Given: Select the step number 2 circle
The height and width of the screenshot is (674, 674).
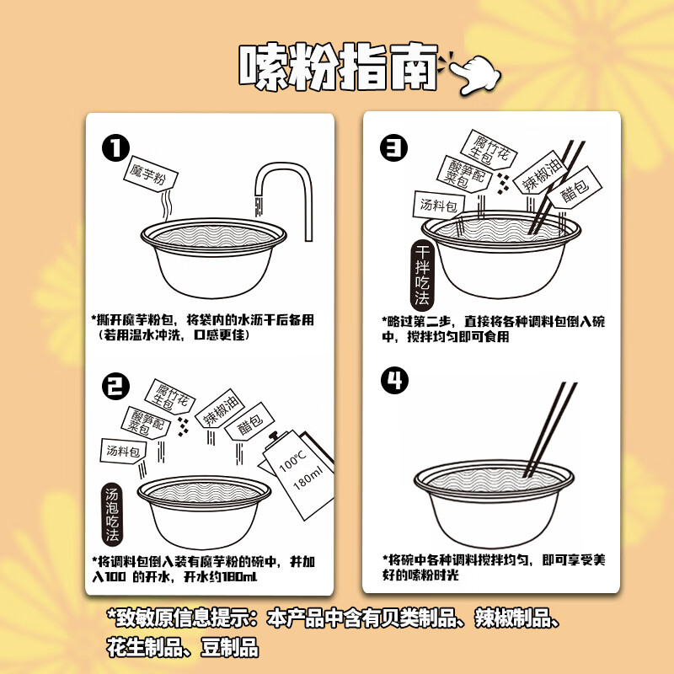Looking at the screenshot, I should click(115, 387).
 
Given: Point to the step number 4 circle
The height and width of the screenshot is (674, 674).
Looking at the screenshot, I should click(393, 381).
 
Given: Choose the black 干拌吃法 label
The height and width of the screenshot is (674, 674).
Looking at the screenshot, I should click(422, 275).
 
